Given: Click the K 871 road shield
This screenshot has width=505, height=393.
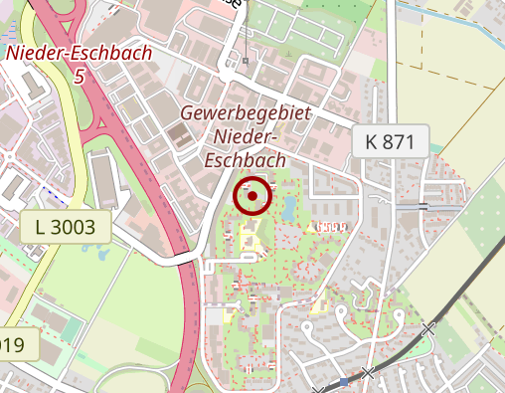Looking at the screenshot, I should pyautogui.click(x=390, y=141).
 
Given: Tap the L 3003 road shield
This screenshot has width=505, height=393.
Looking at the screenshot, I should pyautogui.click(x=65, y=227).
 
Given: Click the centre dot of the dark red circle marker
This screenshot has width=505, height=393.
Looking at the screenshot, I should pyautogui.click(x=252, y=196).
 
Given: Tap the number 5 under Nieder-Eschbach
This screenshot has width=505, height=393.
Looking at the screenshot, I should pyautogui.click(x=79, y=76).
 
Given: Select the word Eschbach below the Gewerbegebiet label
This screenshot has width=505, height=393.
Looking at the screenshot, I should pyautogui.click(x=244, y=159).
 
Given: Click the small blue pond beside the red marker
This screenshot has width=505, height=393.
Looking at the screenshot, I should pyautogui.click(x=288, y=209).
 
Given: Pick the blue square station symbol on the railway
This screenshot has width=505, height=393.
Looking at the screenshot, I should pyautogui.click(x=344, y=381).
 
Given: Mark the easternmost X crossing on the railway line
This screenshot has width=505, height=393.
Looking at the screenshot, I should pyautogui.click(x=428, y=328).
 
